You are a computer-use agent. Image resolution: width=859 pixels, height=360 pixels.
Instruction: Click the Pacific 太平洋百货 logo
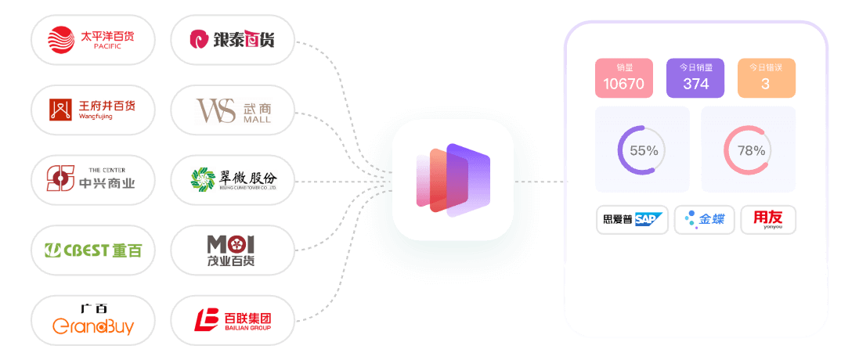[x=92, y=38]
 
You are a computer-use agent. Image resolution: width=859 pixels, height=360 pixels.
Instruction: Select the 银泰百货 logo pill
[x=233, y=38]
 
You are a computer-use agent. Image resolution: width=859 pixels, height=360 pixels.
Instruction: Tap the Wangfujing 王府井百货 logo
[x=92, y=110]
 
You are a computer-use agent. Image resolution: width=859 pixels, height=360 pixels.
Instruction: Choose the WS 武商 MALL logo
[x=233, y=110]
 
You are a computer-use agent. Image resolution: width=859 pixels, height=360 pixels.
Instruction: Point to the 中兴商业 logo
[x=92, y=179]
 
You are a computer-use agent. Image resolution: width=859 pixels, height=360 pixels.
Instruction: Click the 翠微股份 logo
[x=233, y=180]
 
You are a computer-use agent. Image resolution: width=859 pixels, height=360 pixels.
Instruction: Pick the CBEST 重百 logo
[x=92, y=250]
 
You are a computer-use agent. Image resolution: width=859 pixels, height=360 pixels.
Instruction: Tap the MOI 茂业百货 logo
[x=233, y=250]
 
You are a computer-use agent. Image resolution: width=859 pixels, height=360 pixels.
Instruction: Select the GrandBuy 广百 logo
[x=92, y=320]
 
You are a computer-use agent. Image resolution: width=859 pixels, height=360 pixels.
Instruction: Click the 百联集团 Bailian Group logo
[x=233, y=320]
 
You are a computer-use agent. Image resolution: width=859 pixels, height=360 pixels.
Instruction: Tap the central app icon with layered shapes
[x=453, y=180]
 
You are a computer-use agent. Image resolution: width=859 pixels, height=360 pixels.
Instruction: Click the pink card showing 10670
[x=624, y=77]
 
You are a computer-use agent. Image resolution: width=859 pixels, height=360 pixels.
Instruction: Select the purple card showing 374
[x=695, y=77]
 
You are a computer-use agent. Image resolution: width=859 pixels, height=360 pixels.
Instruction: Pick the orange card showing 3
[x=766, y=77]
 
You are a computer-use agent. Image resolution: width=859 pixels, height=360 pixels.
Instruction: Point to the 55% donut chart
[x=642, y=149]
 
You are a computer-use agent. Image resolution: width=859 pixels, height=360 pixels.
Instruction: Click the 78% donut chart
[x=748, y=149]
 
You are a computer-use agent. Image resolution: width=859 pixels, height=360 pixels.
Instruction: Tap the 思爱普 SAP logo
[x=632, y=220]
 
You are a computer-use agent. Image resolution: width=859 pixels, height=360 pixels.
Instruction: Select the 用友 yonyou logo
[x=767, y=220]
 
